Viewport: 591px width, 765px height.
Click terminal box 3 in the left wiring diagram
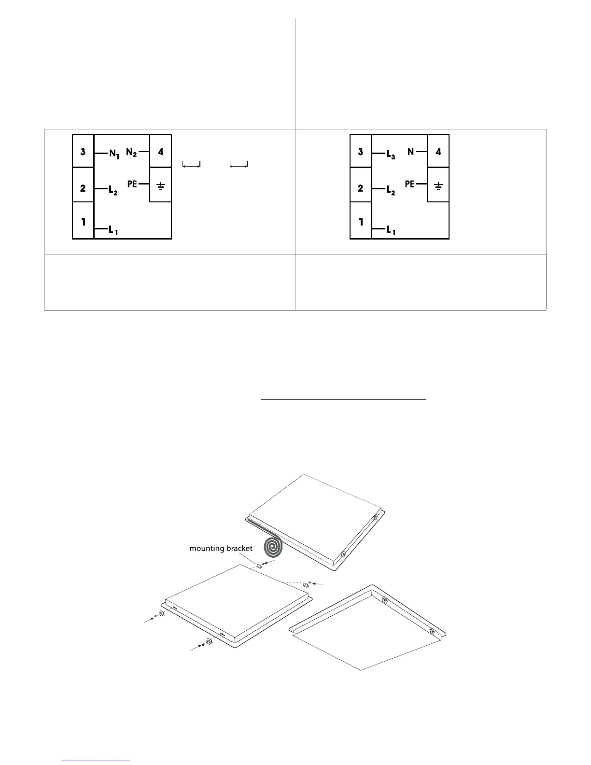point(83,151)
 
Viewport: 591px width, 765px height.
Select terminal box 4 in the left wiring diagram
point(161,151)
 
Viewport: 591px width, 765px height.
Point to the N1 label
point(114,154)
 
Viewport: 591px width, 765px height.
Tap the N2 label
point(131,153)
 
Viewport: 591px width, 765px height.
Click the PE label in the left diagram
point(132,184)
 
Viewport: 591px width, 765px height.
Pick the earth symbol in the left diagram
point(161,186)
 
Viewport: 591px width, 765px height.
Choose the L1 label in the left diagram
point(113,230)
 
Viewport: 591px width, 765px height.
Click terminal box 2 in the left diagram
point(83,188)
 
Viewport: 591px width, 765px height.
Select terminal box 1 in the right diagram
point(361,222)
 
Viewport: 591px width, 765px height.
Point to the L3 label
point(391,155)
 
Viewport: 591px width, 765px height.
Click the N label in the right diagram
point(411,152)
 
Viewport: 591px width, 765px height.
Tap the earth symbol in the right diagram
point(438,186)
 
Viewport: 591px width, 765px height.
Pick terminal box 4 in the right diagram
point(438,151)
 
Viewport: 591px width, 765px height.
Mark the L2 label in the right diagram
point(391,191)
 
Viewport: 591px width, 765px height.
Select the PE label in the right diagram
point(410,184)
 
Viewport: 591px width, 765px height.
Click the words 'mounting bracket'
point(221,548)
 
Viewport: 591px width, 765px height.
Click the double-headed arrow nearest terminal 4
point(192,165)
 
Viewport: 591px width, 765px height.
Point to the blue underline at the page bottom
point(96,761)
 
